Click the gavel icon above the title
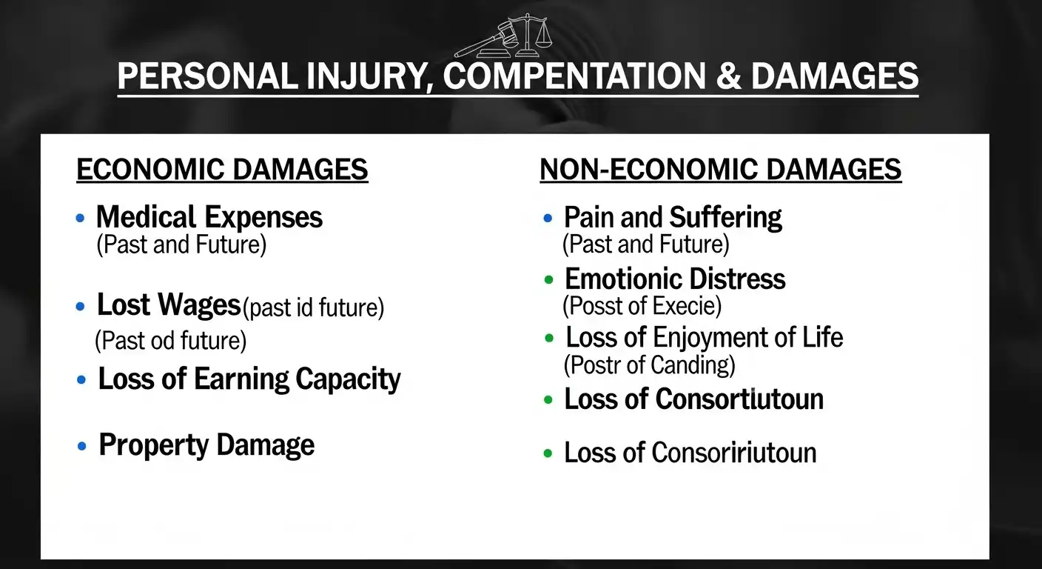(485, 41)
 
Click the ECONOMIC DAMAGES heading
(222, 170)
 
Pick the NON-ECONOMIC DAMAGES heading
(720, 170)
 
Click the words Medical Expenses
(209, 217)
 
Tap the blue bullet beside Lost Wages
(81, 306)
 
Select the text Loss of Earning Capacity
(249, 379)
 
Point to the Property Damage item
(206, 445)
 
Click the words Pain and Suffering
(673, 217)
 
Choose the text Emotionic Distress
(675, 279)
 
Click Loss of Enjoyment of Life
(704, 338)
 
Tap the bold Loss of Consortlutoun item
(693, 399)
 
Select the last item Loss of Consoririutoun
(690, 453)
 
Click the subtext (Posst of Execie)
(642, 305)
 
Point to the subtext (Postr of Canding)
(649, 365)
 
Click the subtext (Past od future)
(170, 341)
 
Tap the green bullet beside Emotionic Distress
(548, 280)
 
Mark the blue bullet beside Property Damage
(82, 447)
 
